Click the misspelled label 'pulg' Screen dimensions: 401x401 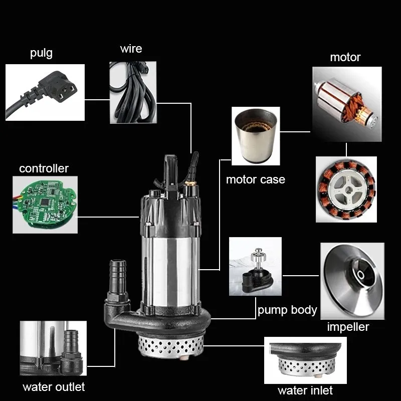tap(41, 53)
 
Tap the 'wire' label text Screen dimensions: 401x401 tap(131, 49)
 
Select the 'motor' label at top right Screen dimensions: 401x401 tap(345, 57)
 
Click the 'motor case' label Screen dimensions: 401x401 tap(256, 179)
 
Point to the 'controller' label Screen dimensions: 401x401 tap(44, 168)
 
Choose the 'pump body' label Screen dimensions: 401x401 tap(287, 310)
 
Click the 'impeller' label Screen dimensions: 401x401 tap(348, 327)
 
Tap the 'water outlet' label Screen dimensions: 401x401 tap(54, 387)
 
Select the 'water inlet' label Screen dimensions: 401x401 tap(305, 390)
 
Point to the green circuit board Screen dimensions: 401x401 tap(46, 204)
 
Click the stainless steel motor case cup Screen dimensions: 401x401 tap(256, 135)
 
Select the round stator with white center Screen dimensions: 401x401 tap(346, 190)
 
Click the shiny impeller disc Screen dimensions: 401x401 tap(353, 280)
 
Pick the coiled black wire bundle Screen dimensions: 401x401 tap(133, 93)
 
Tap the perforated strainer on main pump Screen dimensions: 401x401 tap(171, 346)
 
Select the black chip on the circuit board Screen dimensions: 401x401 tap(45, 202)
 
